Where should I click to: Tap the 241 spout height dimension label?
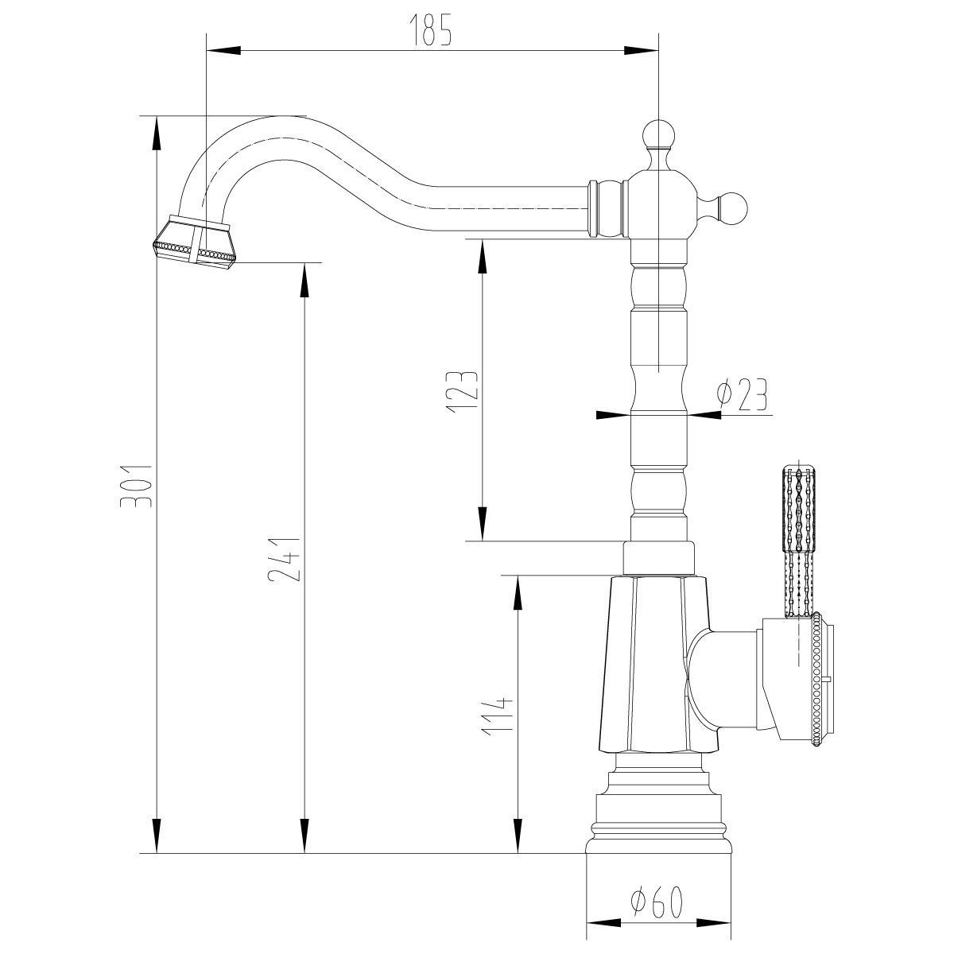tap(283, 560)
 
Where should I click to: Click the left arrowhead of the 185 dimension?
tap(223, 51)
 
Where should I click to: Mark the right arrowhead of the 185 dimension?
tap(642, 51)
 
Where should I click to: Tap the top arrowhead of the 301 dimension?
tap(157, 133)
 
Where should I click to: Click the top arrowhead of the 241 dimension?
tap(304, 280)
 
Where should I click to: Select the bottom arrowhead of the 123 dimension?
tap(483, 524)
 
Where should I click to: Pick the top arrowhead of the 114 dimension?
tap(518, 592)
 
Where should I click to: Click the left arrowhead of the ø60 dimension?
tap(603, 923)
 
